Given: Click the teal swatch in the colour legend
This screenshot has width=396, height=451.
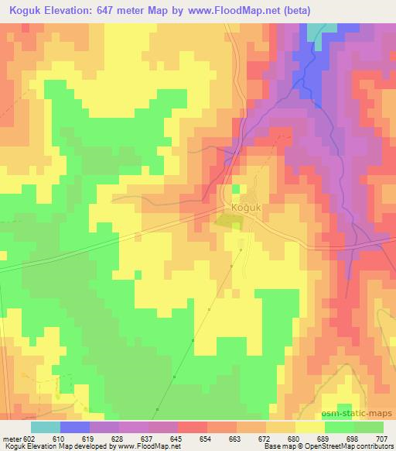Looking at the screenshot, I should [46, 427].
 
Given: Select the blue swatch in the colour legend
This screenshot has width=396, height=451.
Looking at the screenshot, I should [75, 427].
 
